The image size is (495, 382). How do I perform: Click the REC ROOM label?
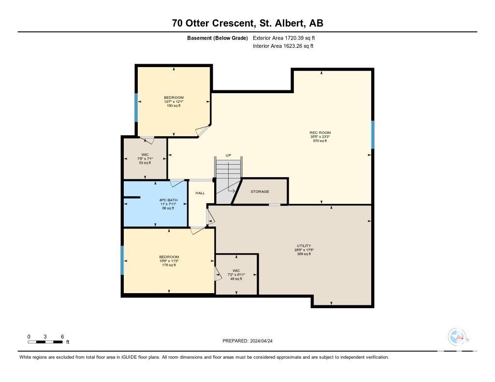(x=320, y=133)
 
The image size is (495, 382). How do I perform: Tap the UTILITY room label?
(x=304, y=246)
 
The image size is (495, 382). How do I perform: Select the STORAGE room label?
(x=260, y=191)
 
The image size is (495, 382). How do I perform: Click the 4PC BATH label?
(x=168, y=200)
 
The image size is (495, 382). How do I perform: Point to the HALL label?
(x=200, y=193)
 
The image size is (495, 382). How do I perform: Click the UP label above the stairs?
(x=228, y=155)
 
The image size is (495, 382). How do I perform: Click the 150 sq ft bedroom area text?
(x=174, y=106)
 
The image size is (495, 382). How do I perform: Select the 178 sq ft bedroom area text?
(x=169, y=265)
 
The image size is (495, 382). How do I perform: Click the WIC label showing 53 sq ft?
(x=145, y=155)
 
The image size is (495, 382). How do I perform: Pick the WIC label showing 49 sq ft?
(x=236, y=270)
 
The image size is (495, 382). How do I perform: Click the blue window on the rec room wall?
(x=373, y=135)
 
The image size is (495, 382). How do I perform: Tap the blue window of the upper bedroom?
(x=136, y=107)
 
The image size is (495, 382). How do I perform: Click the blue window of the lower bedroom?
(x=122, y=260)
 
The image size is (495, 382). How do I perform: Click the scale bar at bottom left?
(x=45, y=342)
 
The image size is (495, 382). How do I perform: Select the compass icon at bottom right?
(x=457, y=337)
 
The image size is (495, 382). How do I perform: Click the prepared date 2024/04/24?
(x=262, y=341)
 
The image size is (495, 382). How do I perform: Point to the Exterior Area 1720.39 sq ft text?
(x=284, y=38)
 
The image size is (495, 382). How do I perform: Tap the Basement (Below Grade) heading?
(x=218, y=38)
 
